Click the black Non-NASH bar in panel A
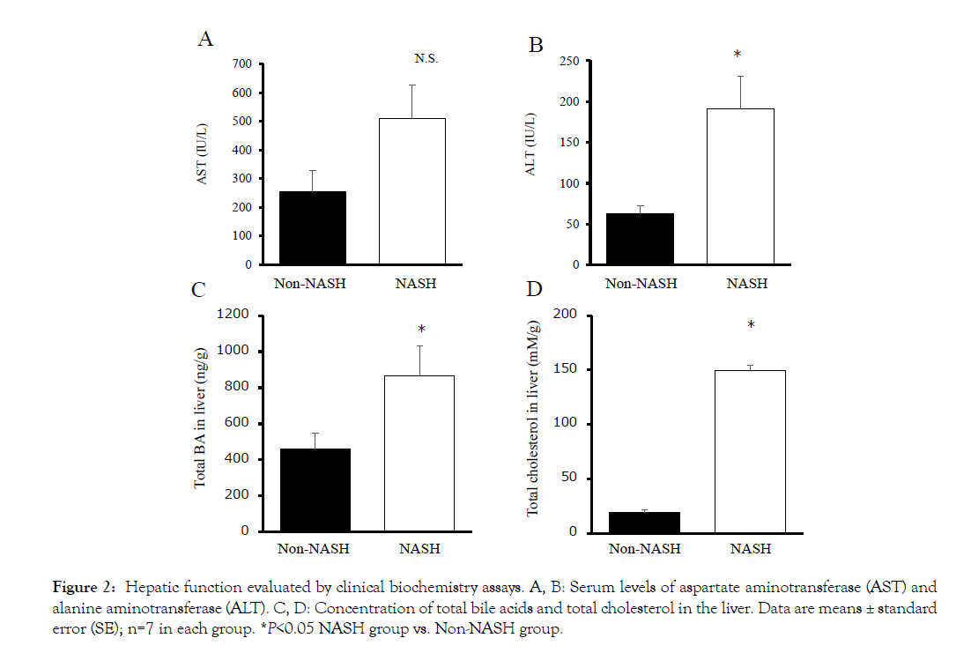point(312,227)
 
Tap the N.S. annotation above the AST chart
point(426,59)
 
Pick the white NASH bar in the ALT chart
point(739,186)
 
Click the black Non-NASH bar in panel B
point(640,239)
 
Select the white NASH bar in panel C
point(419,453)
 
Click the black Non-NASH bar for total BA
point(315,490)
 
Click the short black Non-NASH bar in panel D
point(644,522)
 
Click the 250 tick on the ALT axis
point(569,62)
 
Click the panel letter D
point(535,290)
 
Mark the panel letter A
point(204,40)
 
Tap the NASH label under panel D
point(751,549)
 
